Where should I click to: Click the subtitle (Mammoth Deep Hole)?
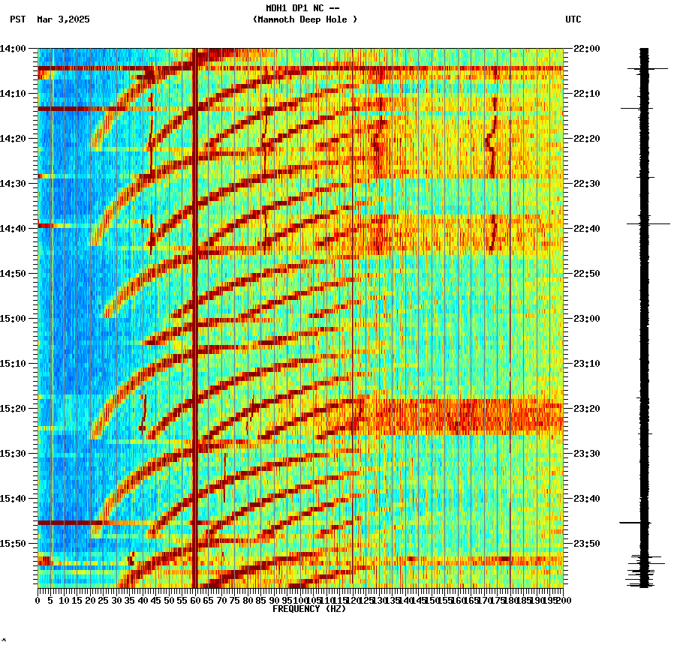[305, 19]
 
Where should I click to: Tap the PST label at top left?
[17, 19]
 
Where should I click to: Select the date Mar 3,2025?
[63, 19]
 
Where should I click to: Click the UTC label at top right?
[573, 19]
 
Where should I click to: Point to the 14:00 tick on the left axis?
[14, 49]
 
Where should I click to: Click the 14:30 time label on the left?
[14, 184]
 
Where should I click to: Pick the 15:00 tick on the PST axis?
[14, 319]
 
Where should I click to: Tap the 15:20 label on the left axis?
[14, 409]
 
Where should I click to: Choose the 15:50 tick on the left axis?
[14, 544]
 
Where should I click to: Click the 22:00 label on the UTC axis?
[586, 49]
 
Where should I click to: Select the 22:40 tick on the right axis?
[586, 229]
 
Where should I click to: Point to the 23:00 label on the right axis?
[586, 319]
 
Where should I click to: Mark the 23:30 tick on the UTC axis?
[586, 454]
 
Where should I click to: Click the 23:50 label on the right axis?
[586, 544]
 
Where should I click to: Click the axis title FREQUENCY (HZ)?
[309, 609]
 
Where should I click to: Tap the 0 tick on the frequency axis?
[38, 600]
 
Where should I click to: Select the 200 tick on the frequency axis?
[563, 600]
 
